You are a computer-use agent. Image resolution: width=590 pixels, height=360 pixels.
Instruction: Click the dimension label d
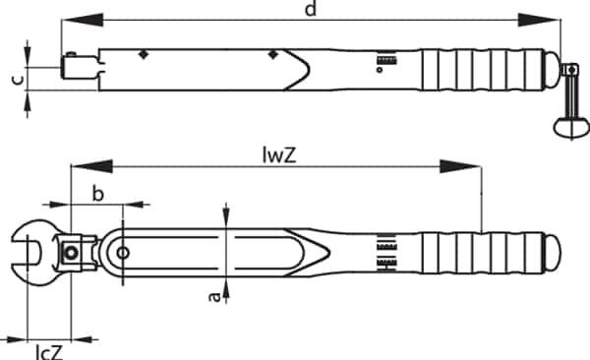(x=311, y=8)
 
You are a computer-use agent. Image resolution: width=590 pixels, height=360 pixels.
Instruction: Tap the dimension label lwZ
(x=279, y=154)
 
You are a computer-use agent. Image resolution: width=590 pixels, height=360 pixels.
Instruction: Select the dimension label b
(x=97, y=194)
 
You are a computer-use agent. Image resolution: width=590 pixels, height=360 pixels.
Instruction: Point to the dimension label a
(x=214, y=297)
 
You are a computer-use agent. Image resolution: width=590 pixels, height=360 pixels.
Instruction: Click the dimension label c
(x=18, y=80)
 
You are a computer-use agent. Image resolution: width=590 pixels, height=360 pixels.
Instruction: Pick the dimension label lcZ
(x=49, y=352)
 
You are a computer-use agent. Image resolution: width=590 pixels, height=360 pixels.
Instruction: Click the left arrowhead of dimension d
(x=83, y=20)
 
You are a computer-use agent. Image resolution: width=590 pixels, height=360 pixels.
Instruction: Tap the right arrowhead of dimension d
(x=539, y=20)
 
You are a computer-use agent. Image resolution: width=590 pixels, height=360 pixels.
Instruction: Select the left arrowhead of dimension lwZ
(x=92, y=166)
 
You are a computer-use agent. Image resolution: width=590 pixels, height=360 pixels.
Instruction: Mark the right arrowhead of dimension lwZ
(x=460, y=166)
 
